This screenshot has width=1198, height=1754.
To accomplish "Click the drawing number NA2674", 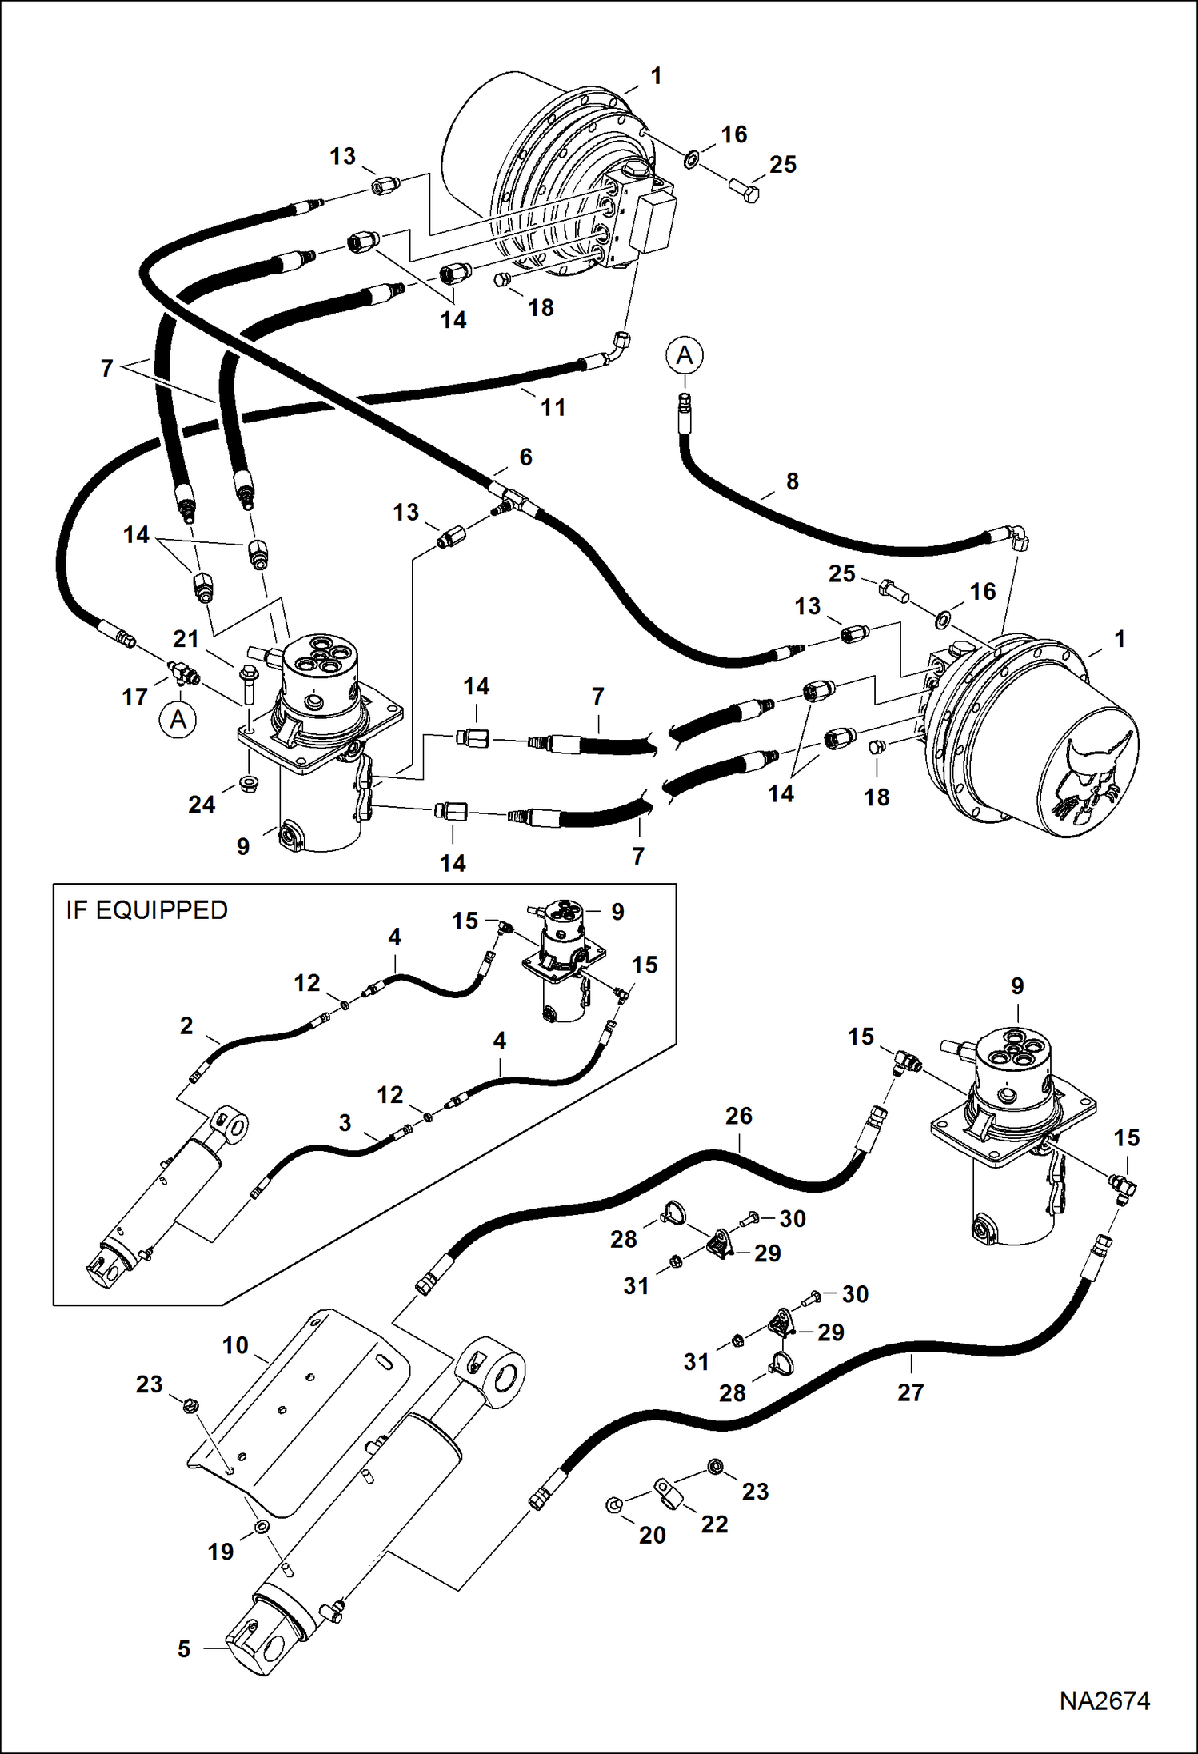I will point(1104,1700).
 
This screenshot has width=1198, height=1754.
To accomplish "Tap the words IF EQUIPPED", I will point(146,910).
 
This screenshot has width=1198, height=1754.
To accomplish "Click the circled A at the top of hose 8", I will point(685,355).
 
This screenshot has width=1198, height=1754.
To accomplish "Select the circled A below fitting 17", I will point(178,720).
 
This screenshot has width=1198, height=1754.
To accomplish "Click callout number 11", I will point(553,408).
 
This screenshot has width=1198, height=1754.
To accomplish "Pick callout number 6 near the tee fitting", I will point(525,457).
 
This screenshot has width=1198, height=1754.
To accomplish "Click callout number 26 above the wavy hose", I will point(738,1116).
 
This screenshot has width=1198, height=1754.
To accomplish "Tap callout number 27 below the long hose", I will point(910,1392).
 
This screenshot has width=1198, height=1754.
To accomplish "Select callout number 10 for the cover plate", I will point(235,1345).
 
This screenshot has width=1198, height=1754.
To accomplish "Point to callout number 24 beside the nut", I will point(202,804).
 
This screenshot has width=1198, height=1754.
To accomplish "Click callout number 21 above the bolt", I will point(186,639).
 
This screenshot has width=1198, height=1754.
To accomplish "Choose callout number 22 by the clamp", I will point(714,1524).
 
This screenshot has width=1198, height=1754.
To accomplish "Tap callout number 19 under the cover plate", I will point(220,1552).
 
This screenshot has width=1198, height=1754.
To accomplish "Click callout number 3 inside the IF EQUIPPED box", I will point(345,1123).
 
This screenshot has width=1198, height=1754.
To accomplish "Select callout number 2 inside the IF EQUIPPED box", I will point(186,1025).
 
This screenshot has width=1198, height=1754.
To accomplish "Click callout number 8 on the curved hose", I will point(792,481).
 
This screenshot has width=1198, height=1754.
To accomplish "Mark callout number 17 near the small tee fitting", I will point(134,697).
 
